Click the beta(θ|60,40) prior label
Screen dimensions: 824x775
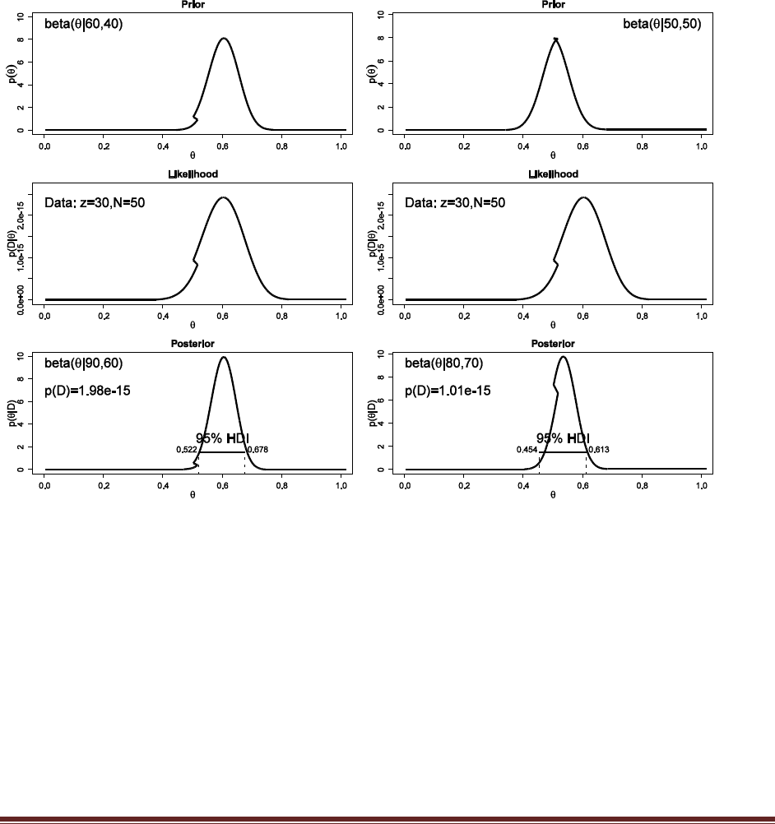(84, 25)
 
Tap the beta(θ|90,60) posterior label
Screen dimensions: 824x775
(84, 363)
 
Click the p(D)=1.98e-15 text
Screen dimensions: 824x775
(87, 391)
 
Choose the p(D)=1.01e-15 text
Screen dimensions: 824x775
(448, 391)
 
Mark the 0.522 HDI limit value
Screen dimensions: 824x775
(187, 450)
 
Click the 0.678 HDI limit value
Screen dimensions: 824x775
(258, 450)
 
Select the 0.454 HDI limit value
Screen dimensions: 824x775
(527, 450)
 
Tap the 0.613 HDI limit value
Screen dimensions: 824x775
(598, 450)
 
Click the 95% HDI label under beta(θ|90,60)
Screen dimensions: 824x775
(222, 438)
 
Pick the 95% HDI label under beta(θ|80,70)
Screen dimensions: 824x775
(563, 438)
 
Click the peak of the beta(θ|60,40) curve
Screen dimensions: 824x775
(223, 38)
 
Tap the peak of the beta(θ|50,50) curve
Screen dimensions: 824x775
(556, 39)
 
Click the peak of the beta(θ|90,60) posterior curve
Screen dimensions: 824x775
(223, 357)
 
